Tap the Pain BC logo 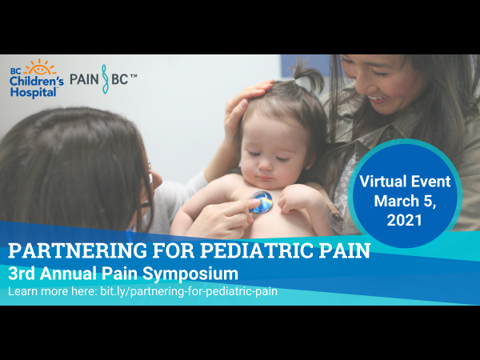pos(103,80)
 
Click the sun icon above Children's pos(41,67)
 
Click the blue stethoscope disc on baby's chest pos(260,202)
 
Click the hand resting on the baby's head pos(243,104)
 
